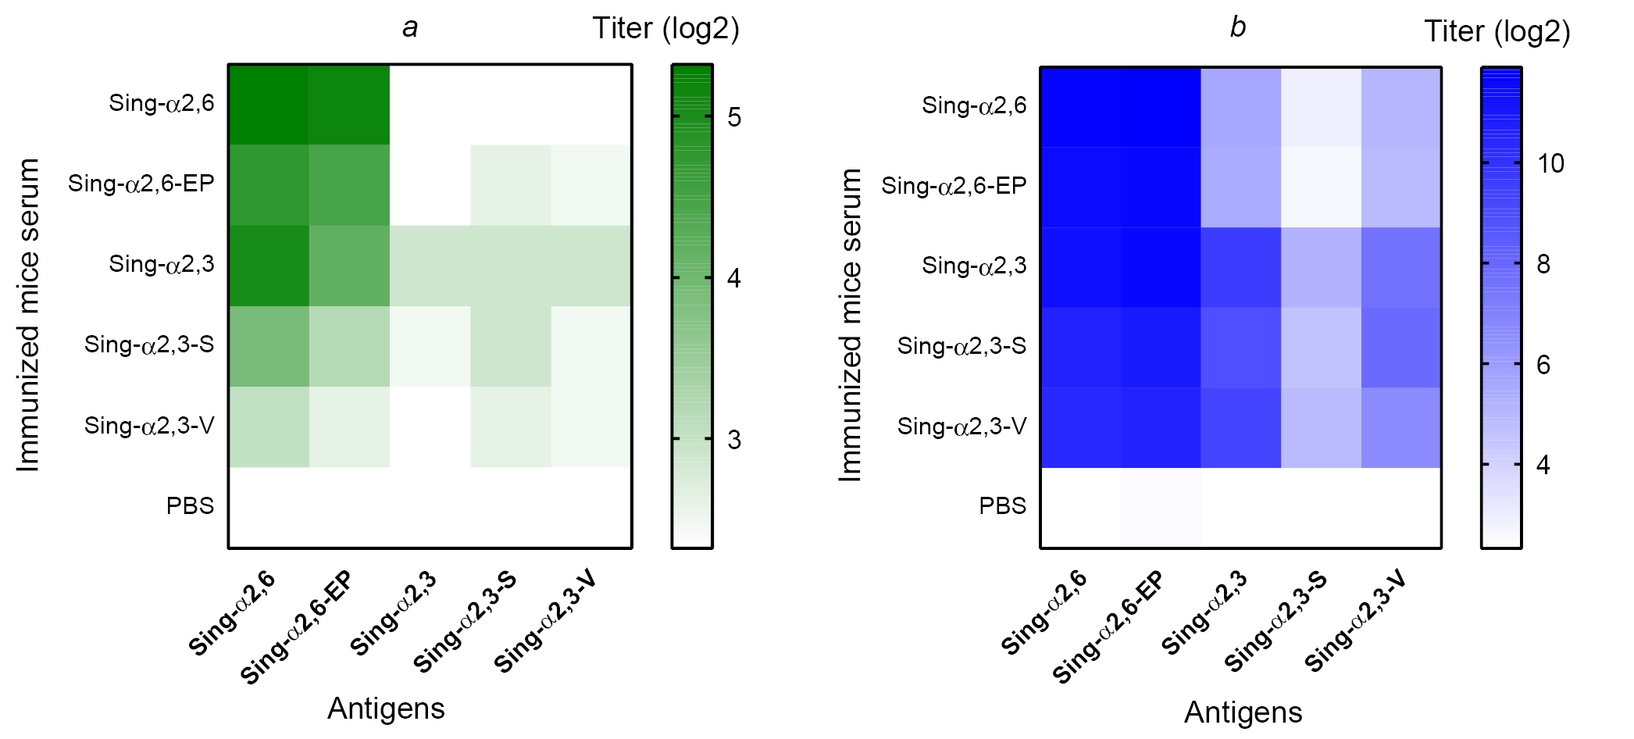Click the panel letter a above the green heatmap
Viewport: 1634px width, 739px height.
tap(410, 28)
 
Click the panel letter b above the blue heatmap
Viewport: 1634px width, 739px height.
tap(1238, 28)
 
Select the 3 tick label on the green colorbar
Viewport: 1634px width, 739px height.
tap(734, 440)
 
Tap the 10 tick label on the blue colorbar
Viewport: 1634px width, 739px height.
tap(1550, 163)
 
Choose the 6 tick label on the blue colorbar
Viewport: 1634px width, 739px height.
tap(1543, 365)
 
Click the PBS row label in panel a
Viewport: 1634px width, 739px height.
tap(190, 506)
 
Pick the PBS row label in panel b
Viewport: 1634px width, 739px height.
tap(1002, 506)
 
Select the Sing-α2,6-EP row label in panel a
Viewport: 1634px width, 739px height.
tap(141, 184)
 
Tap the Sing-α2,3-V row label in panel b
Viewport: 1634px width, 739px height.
tap(961, 427)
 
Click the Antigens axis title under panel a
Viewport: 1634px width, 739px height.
tap(386, 709)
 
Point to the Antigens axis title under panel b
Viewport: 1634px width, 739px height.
tap(1243, 712)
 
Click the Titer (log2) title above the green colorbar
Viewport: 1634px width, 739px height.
tap(665, 29)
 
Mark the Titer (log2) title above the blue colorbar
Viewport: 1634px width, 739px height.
tap(1497, 32)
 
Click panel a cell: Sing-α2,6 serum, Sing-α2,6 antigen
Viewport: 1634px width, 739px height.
tap(269, 105)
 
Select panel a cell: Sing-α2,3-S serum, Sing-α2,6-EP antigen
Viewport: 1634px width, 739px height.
tap(349, 346)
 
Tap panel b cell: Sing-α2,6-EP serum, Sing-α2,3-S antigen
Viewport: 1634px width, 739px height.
tap(1321, 187)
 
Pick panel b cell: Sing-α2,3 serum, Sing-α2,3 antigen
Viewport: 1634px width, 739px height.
tap(1240, 267)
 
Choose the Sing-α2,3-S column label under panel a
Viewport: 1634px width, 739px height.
tap(466, 622)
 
